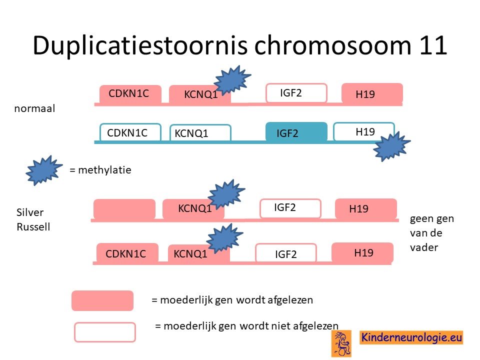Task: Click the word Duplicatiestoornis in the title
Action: [140, 46]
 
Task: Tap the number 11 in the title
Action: [432, 45]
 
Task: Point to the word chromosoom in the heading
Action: [333, 45]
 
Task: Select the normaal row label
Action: [34, 108]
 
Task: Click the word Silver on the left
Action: [29, 212]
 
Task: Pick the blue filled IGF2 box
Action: [296, 132]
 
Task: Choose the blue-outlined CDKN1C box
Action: [130, 132]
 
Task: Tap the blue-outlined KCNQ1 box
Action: [200, 133]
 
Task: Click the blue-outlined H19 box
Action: [363, 131]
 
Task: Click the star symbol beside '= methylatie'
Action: [43, 170]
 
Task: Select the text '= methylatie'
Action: [100, 170]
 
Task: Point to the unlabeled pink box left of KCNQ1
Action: [124, 209]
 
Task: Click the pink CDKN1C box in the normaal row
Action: [130, 94]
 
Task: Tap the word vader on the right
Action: [424, 247]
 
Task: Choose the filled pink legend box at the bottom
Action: [102, 300]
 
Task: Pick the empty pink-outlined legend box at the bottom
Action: [105, 332]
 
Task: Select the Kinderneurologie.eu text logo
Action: [411, 337]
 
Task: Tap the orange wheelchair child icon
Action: [341, 343]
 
